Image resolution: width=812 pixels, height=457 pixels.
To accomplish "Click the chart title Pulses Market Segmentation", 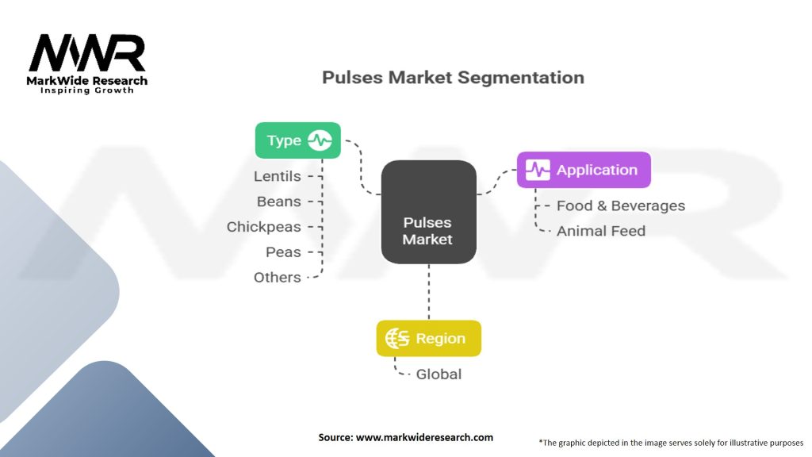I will [453, 78].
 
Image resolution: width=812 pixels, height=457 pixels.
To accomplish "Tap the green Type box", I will [297, 140].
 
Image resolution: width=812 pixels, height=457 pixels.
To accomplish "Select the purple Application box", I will [583, 170].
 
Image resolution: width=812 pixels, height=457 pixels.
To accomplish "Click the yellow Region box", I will [428, 338].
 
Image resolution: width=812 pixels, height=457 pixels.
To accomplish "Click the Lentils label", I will [278, 176].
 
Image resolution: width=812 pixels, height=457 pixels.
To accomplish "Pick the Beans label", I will [279, 202].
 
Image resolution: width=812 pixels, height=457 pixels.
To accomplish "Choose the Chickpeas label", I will [264, 227].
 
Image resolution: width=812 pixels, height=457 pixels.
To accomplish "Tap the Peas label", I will [283, 252].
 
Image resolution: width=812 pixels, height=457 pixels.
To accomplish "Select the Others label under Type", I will [278, 278].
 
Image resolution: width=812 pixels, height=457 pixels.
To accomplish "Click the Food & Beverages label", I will [620, 205].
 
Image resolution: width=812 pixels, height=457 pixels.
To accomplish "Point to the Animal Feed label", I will [600, 231].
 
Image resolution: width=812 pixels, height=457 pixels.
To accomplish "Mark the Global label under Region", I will [439, 374].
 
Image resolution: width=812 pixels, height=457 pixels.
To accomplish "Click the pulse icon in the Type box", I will [320, 140].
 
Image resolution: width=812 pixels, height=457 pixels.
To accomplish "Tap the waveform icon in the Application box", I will [537, 170].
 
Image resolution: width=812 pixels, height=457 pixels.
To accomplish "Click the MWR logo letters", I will [87, 54].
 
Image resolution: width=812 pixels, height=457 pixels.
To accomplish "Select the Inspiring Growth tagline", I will [87, 90].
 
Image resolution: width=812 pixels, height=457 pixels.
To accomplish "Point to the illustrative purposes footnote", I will [670, 443].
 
